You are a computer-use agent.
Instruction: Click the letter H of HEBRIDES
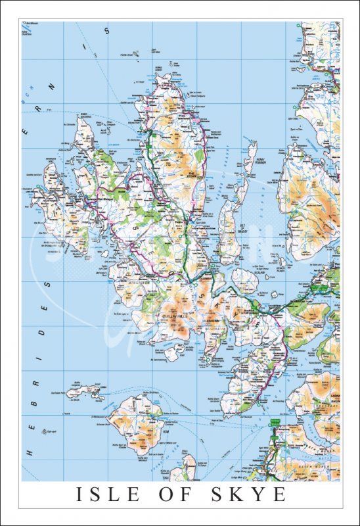click(x=28, y=452)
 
